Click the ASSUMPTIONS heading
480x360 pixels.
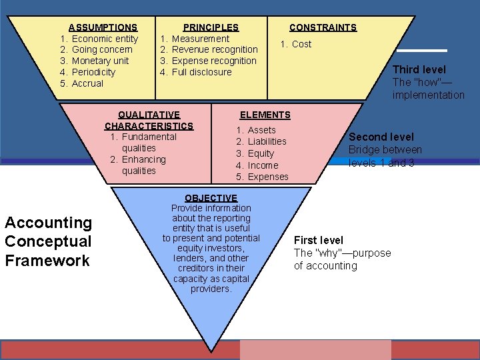103,27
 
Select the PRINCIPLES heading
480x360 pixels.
211,27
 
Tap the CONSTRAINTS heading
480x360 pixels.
323,27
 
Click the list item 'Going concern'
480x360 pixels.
102,49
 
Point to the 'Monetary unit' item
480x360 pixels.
100,61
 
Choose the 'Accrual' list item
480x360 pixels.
87,83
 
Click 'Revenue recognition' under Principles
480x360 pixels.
215,49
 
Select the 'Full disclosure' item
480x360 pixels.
201,72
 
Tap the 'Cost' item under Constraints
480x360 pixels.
301,44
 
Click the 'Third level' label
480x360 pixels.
419,69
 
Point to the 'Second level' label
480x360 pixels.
381,137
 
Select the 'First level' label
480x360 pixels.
319,240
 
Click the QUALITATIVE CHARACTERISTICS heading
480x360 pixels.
149,120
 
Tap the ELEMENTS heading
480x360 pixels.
265,115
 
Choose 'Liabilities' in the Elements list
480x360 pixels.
267,141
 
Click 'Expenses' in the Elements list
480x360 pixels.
268,177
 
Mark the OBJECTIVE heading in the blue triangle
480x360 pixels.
211,198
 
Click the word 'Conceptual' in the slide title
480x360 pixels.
48,241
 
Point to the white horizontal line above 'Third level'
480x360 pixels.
422,51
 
